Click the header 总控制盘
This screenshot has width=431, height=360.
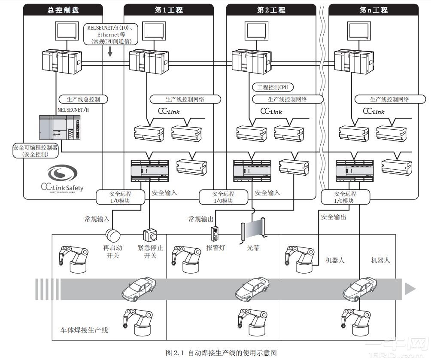(x=63, y=10)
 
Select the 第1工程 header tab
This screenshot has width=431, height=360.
(x=168, y=10)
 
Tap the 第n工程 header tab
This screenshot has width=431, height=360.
(x=373, y=10)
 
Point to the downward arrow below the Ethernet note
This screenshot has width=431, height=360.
(x=110, y=52)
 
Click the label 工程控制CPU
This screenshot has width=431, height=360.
(x=273, y=88)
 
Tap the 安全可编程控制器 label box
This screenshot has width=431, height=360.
(x=35, y=151)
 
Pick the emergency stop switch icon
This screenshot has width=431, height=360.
(x=150, y=236)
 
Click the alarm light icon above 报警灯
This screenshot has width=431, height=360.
(x=215, y=234)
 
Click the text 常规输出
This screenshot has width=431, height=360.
(x=201, y=219)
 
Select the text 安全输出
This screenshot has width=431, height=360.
(x=334, y=217)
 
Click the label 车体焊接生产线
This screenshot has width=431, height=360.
(x=84, y=330)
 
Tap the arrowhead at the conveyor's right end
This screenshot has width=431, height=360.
(x=410, y=289)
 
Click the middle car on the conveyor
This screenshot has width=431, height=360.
(x=252, y=288)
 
